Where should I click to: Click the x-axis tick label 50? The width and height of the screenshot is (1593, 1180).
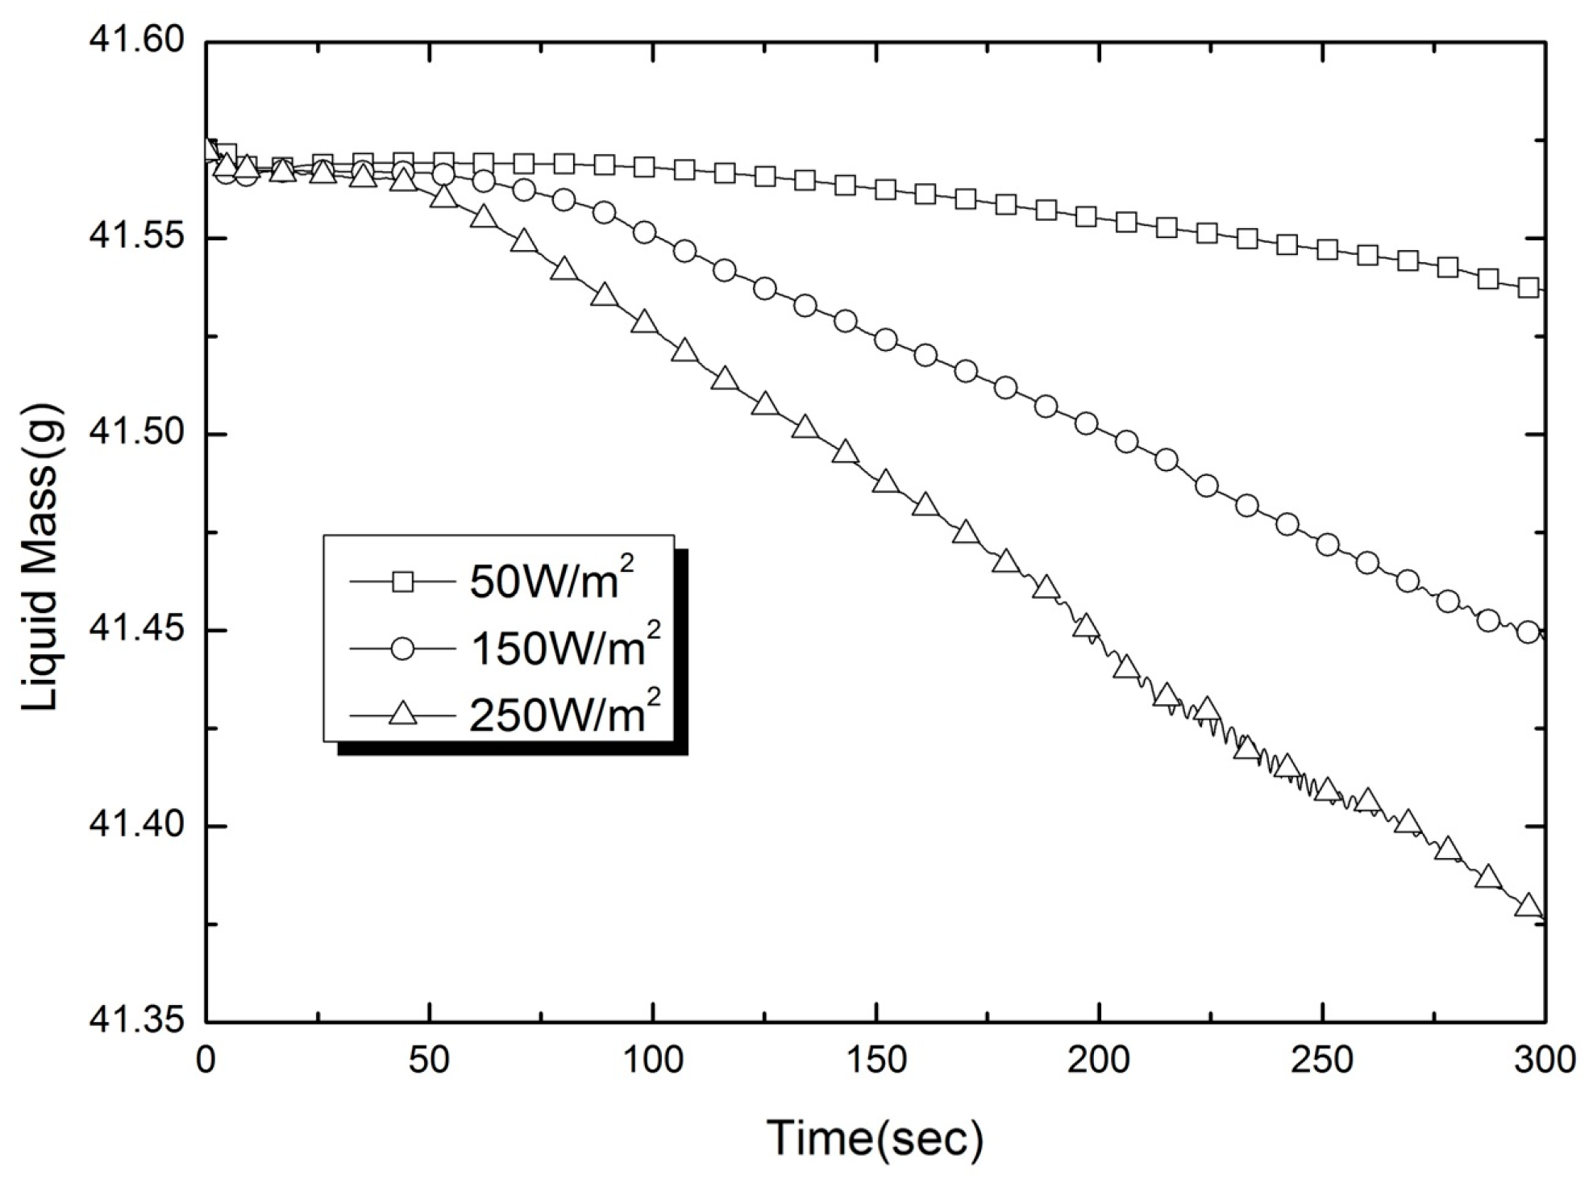(429, 1060)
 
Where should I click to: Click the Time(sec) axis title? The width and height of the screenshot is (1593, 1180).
(875, 1137)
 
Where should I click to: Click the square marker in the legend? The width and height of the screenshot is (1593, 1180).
(402, 581)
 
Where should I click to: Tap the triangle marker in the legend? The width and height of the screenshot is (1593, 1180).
(402, 713)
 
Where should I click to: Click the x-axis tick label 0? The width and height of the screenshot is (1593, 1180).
(206, 1060)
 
